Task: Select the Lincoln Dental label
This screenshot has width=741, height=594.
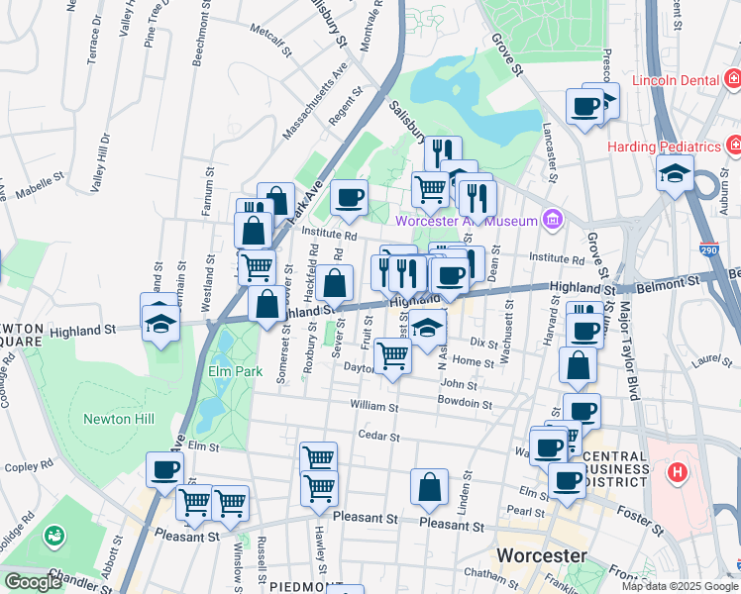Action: [x=675, y=79]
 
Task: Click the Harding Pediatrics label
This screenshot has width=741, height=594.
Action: [x=665, y=147]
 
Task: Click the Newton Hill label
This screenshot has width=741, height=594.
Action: [x=118, y=419]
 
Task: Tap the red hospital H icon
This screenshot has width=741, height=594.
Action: [x=678, y=472]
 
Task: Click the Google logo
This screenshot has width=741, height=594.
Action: [x=33, y=582]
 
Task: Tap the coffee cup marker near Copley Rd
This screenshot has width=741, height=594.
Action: [x=165, y=469]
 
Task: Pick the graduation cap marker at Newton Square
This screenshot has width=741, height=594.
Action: [x=159, y=321]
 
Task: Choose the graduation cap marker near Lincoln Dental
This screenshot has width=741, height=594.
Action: [x=675, y=173]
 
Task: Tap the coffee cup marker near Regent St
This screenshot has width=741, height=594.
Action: [x=349, y=197]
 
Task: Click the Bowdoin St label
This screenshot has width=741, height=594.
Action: [x=466, y=404]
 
